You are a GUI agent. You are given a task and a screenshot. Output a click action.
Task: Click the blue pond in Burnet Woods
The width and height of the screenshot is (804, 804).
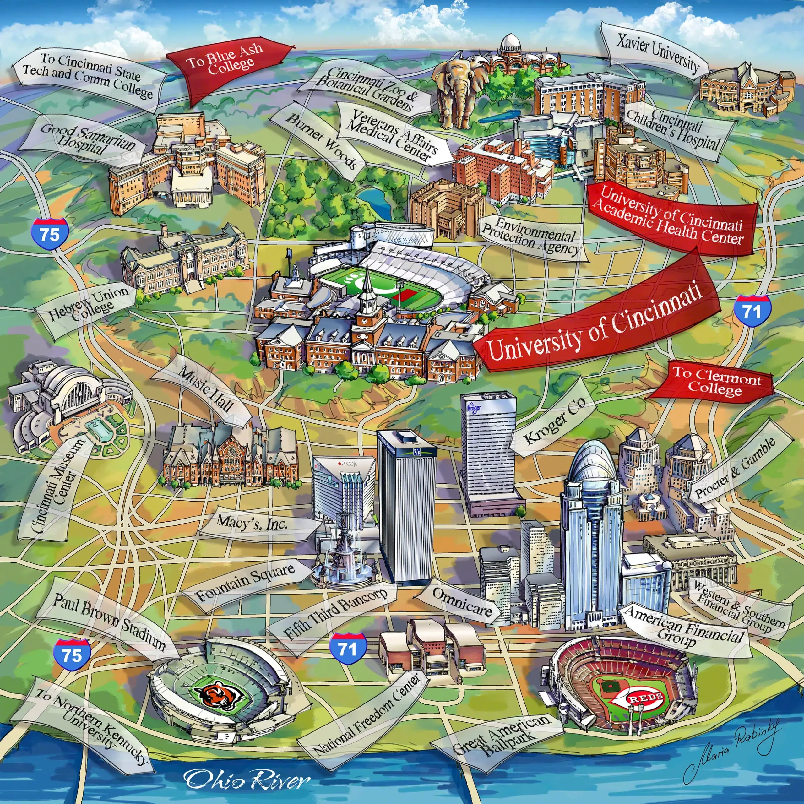[375, 200]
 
